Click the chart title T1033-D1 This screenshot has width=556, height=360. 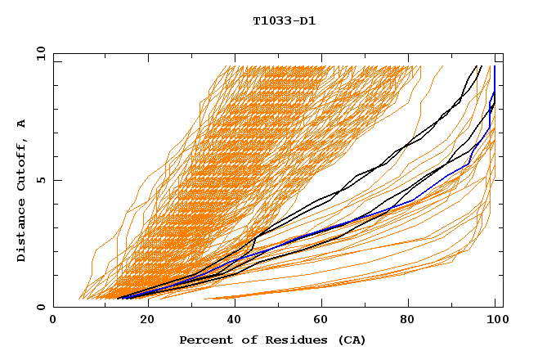(x=284, y=21)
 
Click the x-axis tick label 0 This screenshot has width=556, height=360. (x=53, y=320)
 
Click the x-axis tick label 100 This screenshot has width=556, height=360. (x=495, y=320)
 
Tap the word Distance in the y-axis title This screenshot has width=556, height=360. (x=22, y=232)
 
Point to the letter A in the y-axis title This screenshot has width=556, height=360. (x=22, y=124)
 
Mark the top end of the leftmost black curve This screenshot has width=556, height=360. (x=481, y=66)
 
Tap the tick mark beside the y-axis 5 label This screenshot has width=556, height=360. (x=56, y=181)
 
